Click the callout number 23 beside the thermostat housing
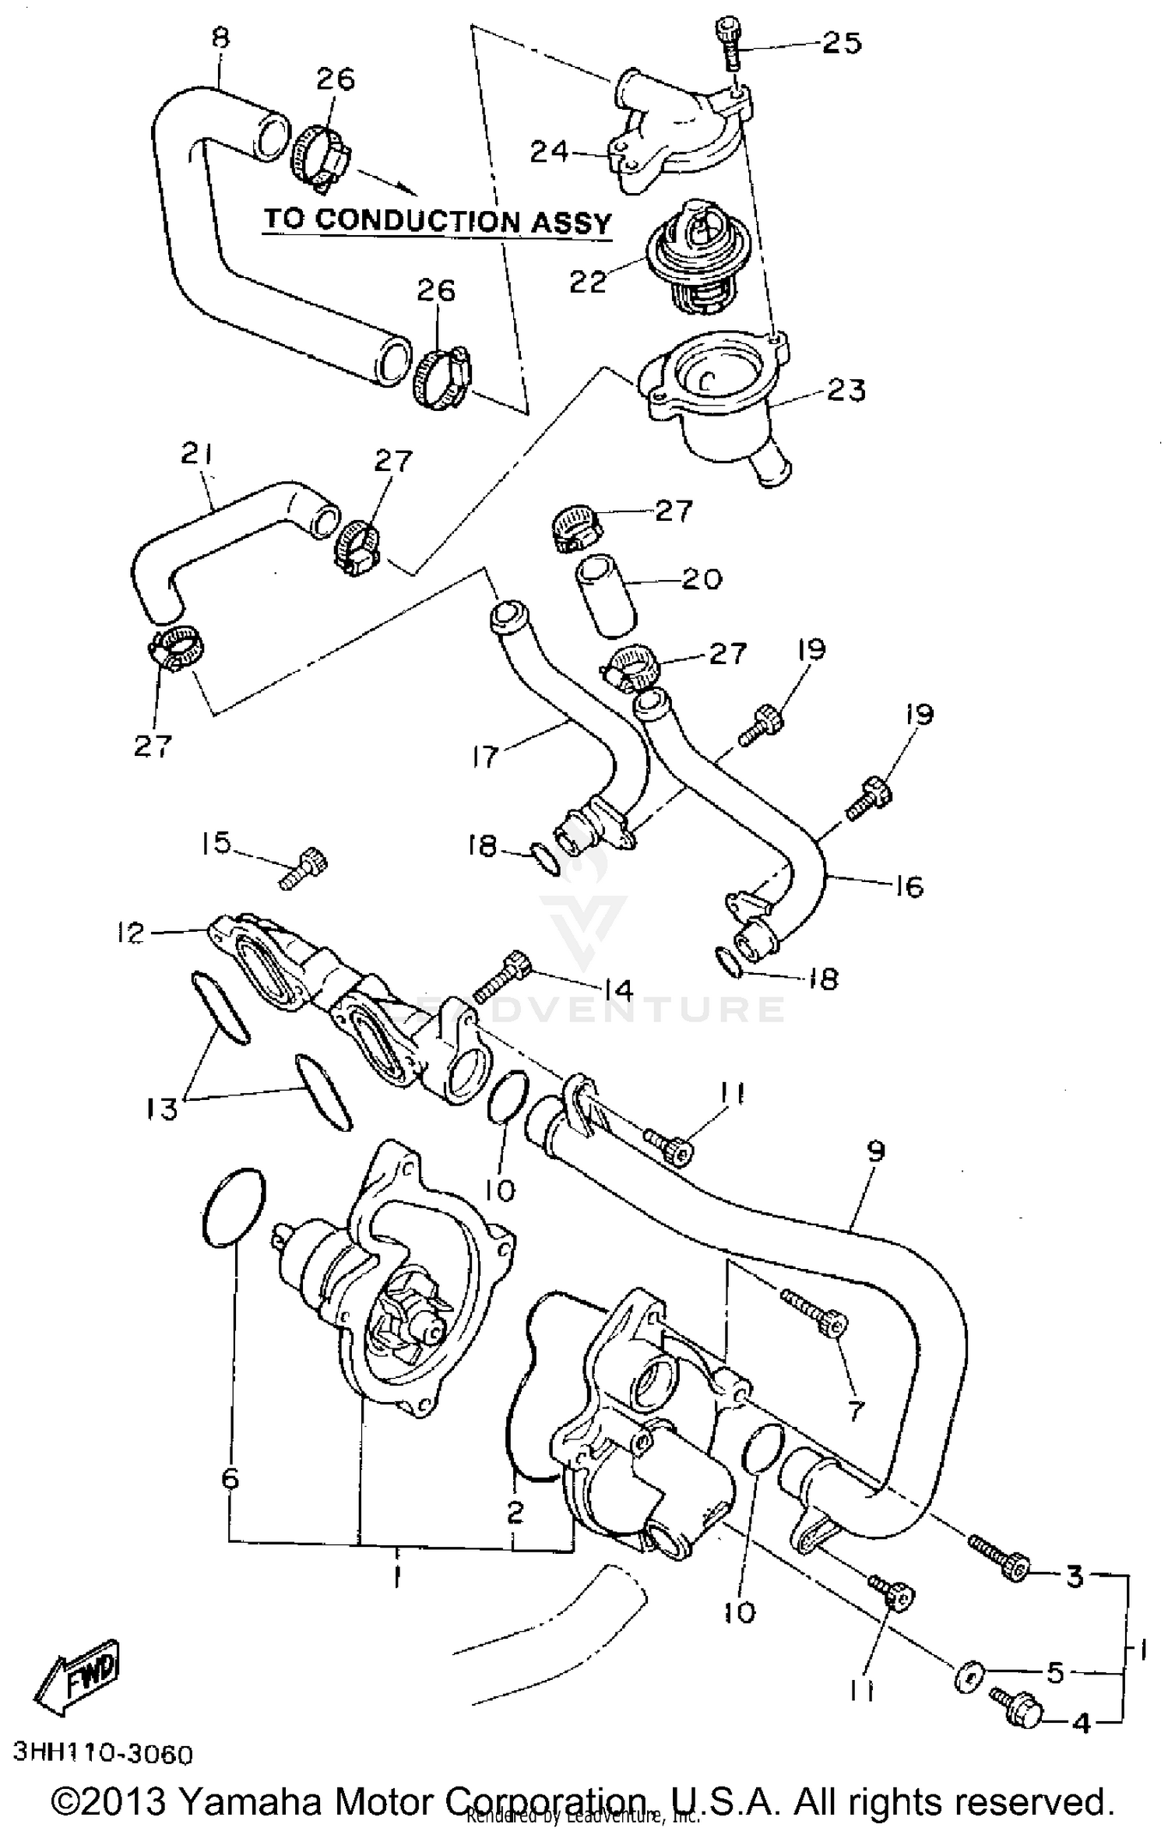(x=846, y=390)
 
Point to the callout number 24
(x=550, y=151)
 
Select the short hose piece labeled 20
(x=606, y=596)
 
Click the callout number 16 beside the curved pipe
(x=908, y=886)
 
